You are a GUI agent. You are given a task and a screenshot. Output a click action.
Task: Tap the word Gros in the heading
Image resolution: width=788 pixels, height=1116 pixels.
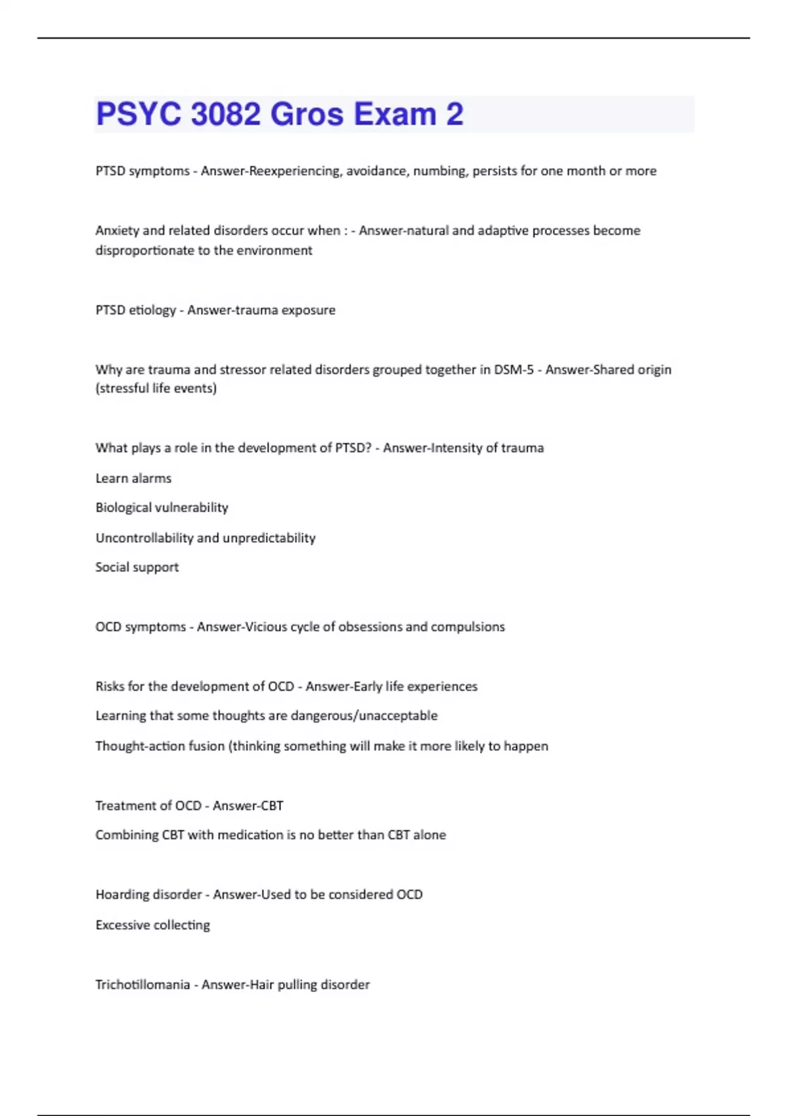tap(307, 114)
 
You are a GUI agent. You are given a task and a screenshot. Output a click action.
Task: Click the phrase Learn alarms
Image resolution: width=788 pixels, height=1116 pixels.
tap(133, 479)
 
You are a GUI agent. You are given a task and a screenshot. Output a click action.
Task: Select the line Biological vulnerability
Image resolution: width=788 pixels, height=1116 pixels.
tap(162, 507)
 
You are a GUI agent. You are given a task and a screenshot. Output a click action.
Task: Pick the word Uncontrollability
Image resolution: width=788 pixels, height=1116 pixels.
tap(144, 538)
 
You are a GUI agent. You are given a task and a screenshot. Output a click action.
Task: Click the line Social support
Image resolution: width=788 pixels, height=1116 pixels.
tap(137, 567)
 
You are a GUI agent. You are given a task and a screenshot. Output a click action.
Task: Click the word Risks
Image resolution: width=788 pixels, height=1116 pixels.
tap(110, 687)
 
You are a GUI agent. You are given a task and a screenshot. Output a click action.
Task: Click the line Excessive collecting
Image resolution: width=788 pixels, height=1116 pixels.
tap(152, 925)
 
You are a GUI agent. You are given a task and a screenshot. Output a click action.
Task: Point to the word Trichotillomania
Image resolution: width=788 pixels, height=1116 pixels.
tap(142, 985)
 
